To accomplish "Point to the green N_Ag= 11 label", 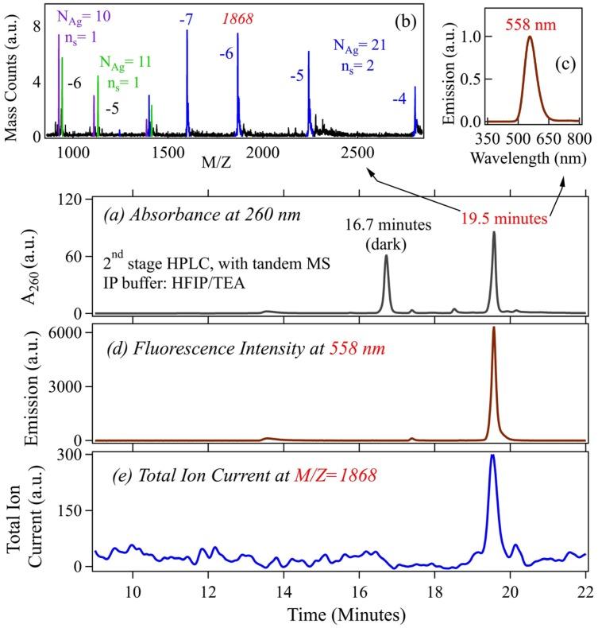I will [125, 61].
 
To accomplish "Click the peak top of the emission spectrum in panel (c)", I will [530, 37].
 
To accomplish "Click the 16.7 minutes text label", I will [388, 225].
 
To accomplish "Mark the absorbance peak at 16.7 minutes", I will [387, 256].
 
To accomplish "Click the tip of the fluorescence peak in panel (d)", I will [493, 328].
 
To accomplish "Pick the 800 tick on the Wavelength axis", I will [576, 138].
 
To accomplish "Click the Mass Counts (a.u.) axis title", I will [13, 72].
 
